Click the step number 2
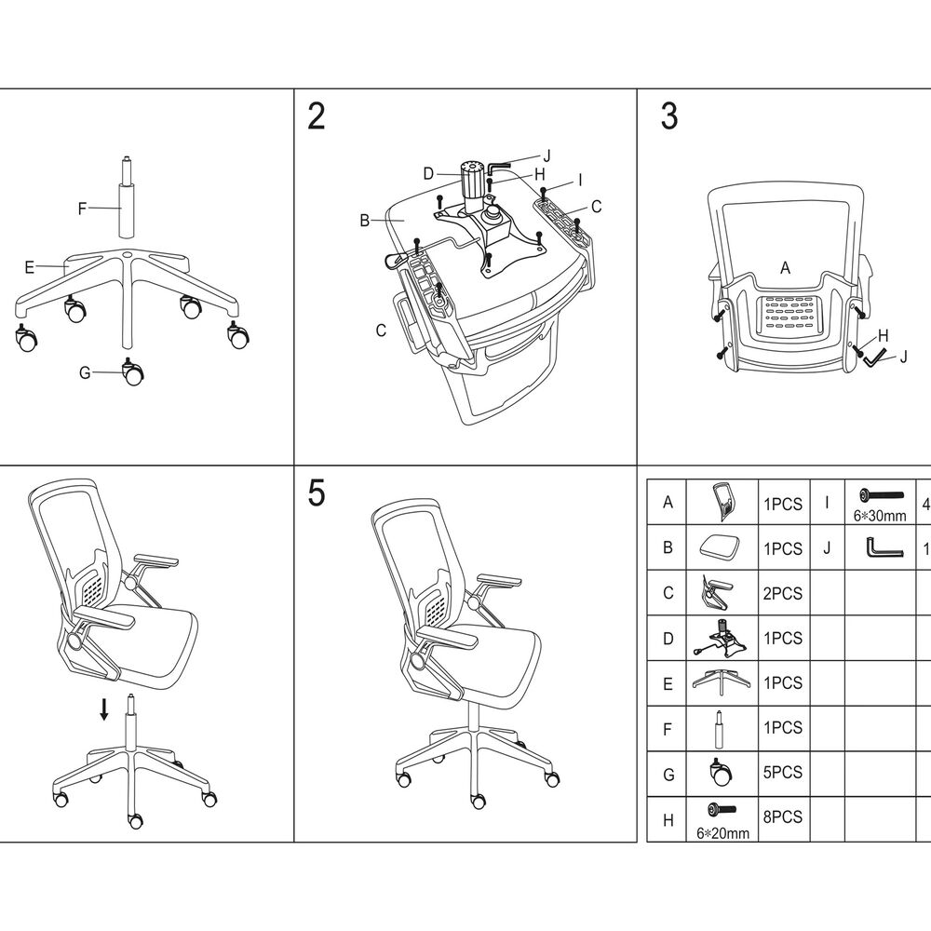pos(317,117)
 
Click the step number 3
pos(668,117)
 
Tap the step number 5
pos(317,494)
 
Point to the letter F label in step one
pos(82,209)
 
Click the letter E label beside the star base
pos(29,267)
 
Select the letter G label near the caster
pos(85,373)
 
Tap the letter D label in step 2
pos(427,173)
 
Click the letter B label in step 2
pos(365,221)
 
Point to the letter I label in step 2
pos(579,179)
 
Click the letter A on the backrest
pos(785,268)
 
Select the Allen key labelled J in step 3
pos(875,356)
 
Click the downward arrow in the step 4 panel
pos(104,710)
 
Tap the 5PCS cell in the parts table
pos(782,773)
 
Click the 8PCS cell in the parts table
pos(782,817)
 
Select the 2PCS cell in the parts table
pos(782,594)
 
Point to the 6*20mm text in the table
pos(722,833)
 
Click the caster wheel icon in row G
pos(722,772)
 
